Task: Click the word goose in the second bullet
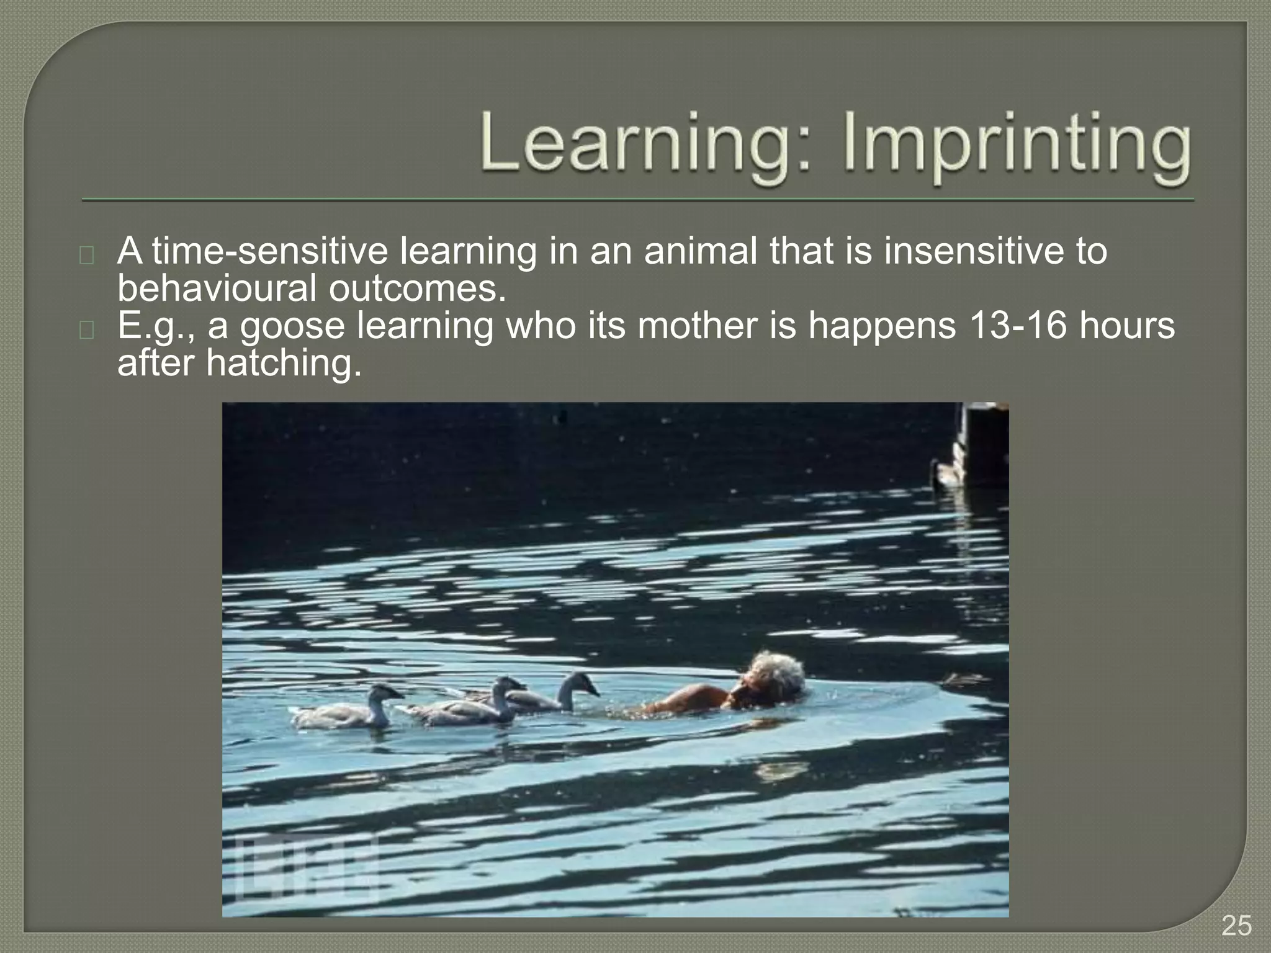[292, 326]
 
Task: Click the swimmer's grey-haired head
[776, 676]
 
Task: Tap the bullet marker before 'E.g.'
[87, 329]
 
